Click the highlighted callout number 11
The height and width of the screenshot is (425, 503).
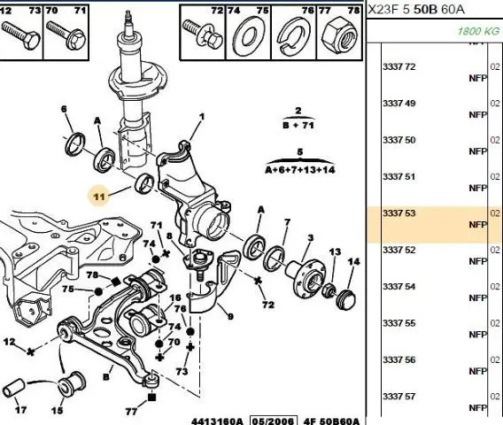[99, 196]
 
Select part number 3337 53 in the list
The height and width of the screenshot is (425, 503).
[399, 213]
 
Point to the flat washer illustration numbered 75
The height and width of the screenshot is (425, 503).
[248, 36]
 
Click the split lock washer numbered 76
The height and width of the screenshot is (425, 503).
[293, 35]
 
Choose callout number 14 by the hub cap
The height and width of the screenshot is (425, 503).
[353, 262]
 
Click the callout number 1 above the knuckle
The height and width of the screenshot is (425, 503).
[201, 117]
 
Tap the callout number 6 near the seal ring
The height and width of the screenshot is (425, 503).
[64, 109]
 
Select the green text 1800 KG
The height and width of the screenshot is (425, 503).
[478, 31]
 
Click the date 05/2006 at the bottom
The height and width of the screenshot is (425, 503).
[274, 421]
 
